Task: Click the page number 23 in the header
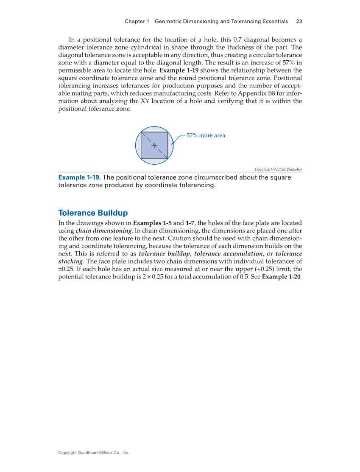299,21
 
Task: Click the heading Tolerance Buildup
93,213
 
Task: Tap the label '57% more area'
206,135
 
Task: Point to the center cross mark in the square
154,145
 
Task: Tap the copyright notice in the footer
93,452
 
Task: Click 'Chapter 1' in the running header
137,21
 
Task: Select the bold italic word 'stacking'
70,261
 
